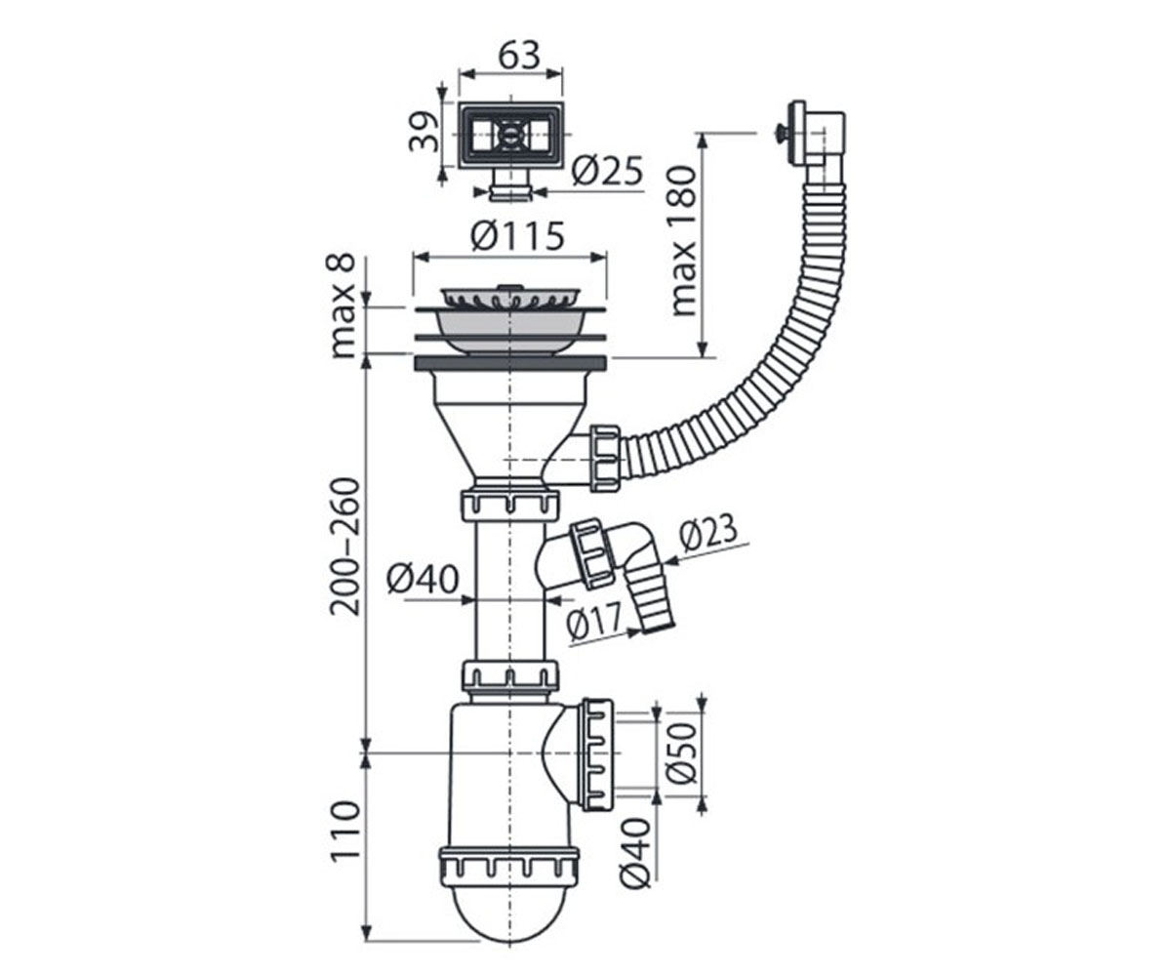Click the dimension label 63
pos(519,55)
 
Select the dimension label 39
pos(424,133)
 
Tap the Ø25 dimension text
pos(607,171)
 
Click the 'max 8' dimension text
pos(343,306)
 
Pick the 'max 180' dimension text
pos(684,241)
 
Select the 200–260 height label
pos(343,547)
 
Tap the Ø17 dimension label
pos(594,621)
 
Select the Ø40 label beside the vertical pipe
pos(423,580)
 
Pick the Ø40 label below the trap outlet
pos(636,853)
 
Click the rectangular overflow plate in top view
pos(511,136)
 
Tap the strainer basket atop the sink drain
pos(509,299)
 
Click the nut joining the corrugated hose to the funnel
pos(605,459)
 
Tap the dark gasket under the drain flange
pos(510,363)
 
